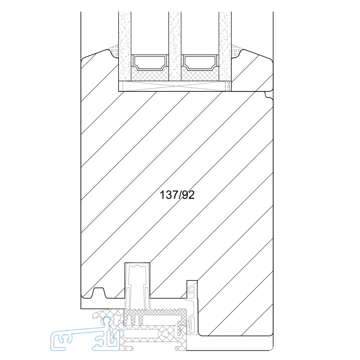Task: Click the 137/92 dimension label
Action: click(x=177, y=195)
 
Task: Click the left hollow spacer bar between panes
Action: click(x=150, y=62)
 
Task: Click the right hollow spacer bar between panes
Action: click(x=200, y=62)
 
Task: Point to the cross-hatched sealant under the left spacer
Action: click(x=150, y=76)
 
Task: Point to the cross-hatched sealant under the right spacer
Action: click(x=200, y=76)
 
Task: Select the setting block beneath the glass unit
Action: click(x=174, y=86)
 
